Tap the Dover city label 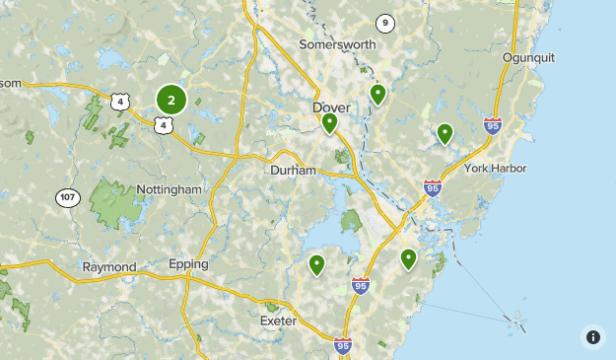pyautogui.click(x=331, y=107)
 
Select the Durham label pyautogui.click(x=293, y=171)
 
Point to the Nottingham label pyautogui.click(x=169, y=189)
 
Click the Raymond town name pyautogui.click(x=108, y=267)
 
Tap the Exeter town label pyautogui.click(x=278, y=321)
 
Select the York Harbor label pyautogui.click(x=496, y=169)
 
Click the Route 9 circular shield pyautogui.click(x=384, y=23)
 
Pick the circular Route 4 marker pyautogui.click(x=120, y=102)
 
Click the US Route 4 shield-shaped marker pyautogui.click(x=161, y=123)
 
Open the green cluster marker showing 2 pyautogui.click(x=171, y=100)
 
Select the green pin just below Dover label pyautogui.click(x=329, y=123)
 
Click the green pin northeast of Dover pyautogui.click(x=376, y=95)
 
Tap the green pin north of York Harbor pyautogui.click(x=445, y=133)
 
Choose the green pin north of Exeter pyautogui.click(x=316, y=264)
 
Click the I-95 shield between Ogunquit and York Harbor pyautogui.click(x=493, y=125)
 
